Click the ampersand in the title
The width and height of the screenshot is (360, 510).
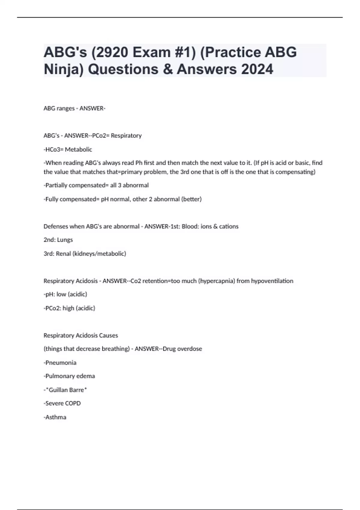click(x=167, y=69)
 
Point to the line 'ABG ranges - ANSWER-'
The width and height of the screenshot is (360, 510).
click(x=74, y=108)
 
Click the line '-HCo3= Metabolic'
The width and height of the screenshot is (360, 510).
click(x=68, y=149)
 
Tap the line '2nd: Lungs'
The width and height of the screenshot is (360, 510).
click(x=58, y=240)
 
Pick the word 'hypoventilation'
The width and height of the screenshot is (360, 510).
click(x=272, y=281)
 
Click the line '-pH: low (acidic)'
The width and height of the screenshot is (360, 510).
click(x=65, y=294)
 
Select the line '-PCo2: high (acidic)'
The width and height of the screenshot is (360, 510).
click(x=69, y=308)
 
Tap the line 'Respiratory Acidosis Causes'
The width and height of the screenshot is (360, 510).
click(x=81, y=335)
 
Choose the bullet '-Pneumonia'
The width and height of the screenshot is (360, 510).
click(x=60, y=363)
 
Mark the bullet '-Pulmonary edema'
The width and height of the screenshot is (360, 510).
click(x=69, y=376)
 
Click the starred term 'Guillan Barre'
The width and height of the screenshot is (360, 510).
click(x=66, y=390)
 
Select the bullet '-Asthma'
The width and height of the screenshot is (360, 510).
click(x=55, y=417)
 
